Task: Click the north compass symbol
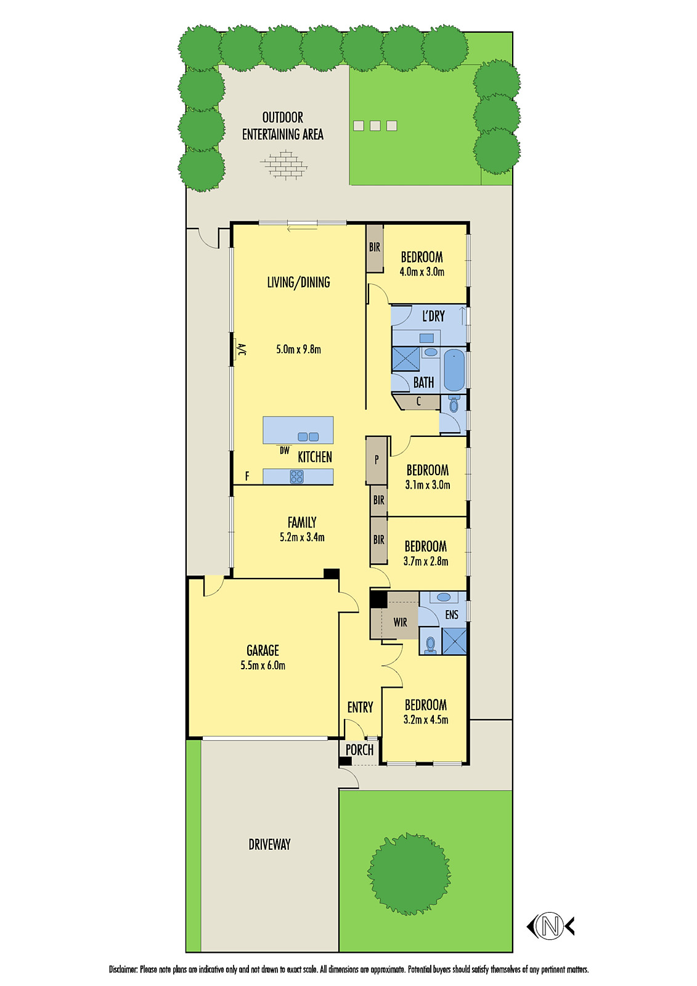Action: point(550,926)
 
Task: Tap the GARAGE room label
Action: point(263,650)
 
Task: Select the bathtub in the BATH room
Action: point(454,370)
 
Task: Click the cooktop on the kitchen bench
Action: point(296,476)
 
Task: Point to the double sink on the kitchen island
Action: point(308,436)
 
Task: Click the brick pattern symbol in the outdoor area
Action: point(283,166)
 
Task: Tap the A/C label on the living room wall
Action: point(242,350)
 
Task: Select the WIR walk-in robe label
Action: point(401,622)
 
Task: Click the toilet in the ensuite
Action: point(431,644)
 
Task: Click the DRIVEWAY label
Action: point(269,844)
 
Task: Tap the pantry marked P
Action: point(377,460)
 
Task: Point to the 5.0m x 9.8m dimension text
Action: point(299,349)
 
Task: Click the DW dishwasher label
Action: point(284,450)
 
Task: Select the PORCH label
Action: point(359,750)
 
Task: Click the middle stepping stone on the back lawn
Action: point(375,126)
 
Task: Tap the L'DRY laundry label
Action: point(433,316)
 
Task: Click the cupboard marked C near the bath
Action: point(418,402)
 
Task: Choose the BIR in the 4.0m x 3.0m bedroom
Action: point(375,248)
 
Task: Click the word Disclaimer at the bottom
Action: point(123,969)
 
